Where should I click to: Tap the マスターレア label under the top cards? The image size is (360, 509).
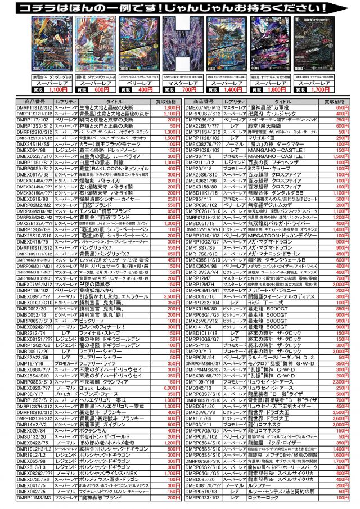(x=182, y=82)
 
